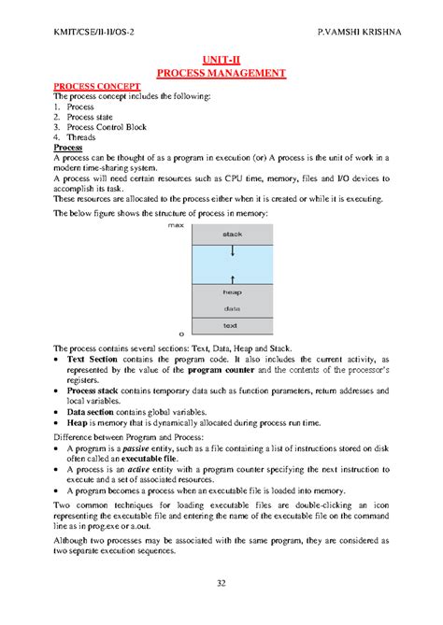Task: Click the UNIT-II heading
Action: tap(221, 58)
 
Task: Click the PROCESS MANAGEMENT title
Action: tap(221, 72)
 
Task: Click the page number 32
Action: tap(221, 584)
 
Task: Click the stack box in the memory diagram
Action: tap(232, 234)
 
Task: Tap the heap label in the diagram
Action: tap(232, 292)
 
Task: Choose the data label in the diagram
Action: tap(232, 308)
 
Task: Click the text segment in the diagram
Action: tap(232, 325)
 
